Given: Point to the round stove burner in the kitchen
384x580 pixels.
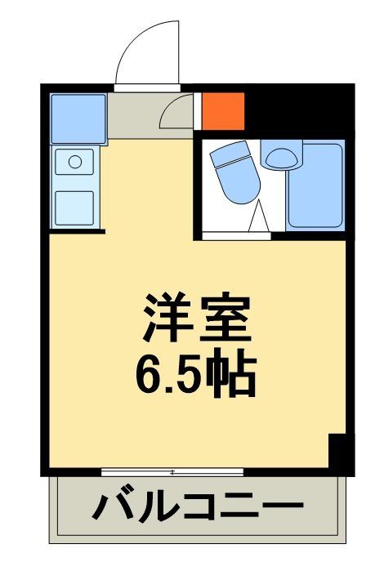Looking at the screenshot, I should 75,162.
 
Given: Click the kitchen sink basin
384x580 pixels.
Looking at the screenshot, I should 74,207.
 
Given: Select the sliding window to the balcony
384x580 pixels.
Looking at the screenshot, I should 172,472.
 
